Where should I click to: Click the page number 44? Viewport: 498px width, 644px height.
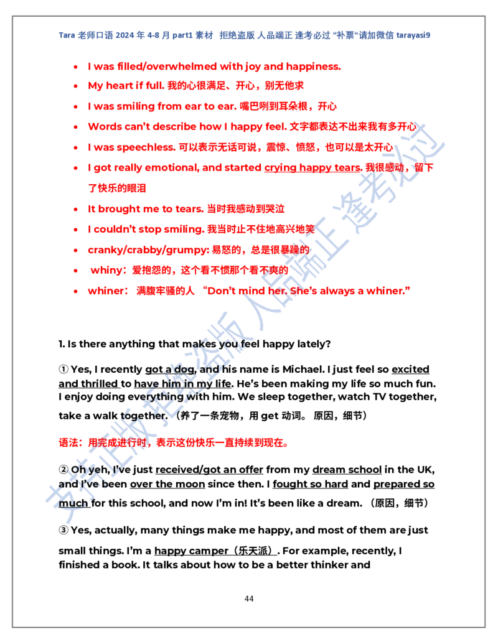tap(249, 599)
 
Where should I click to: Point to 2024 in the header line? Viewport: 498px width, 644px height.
tap(125, 35)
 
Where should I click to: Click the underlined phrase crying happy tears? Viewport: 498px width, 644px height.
tap(312, 167)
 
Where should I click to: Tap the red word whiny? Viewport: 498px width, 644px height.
tap(109, 270)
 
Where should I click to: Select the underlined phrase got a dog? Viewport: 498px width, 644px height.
tap(170, 370)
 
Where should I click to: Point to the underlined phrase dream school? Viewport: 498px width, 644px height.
tap(347, 469)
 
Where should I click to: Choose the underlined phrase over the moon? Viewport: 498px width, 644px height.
tap(167, 484)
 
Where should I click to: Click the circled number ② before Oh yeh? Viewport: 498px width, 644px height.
tap(63, 469)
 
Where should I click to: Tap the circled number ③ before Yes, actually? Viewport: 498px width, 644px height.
tap(63, 530)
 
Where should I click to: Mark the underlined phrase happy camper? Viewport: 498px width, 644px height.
tap(191, 551)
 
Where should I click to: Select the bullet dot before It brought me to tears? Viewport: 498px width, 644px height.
tap(75, 210)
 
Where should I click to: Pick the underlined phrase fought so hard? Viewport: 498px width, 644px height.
tap(310, 484)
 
